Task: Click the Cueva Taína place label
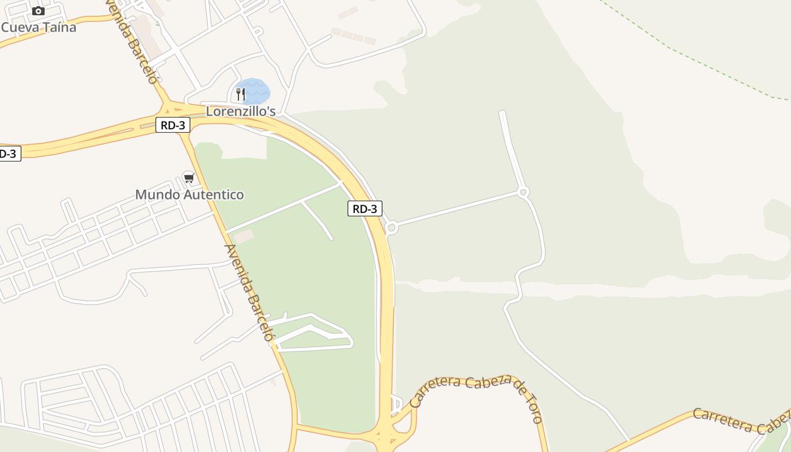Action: point(38,27)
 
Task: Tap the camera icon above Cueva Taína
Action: point(38,11)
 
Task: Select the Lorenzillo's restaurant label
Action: point(241,111)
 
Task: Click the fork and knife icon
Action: point(241,94)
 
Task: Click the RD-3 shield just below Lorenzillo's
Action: point(173,125)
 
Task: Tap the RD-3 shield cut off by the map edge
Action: point(8,153)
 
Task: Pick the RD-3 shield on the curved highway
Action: point(364,208)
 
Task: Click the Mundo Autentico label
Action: point(189,195)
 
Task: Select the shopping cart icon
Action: point(189,178)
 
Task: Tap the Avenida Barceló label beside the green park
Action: point(249,292)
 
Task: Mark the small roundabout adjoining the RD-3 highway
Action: point(392,227)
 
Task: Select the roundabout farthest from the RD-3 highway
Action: point(523,192)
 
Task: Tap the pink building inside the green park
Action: point(244,237)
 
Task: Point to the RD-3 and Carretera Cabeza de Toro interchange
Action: point(386,436)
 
